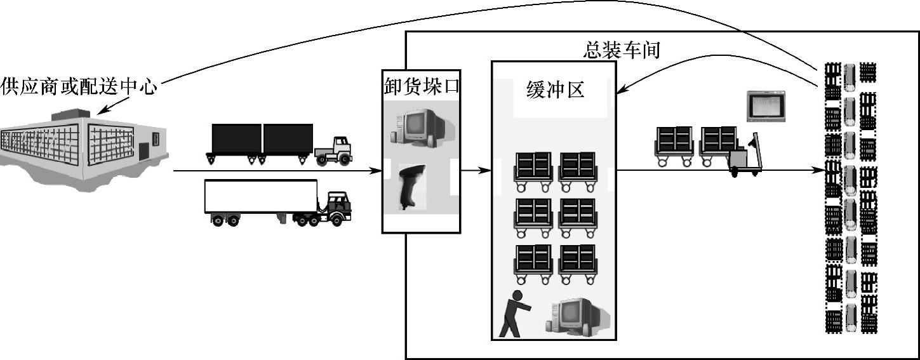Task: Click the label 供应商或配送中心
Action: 79,87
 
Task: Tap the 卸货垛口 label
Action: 421,86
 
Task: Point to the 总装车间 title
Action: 622,50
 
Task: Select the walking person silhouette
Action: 513,314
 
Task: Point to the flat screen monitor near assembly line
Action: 765,106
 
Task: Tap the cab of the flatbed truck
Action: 334,150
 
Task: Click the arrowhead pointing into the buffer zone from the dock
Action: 486,170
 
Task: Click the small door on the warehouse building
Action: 144,151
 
